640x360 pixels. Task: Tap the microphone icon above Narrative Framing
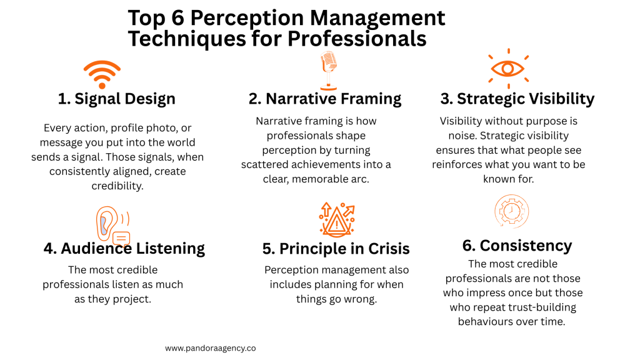coord(329,70)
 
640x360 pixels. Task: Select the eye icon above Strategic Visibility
coord(507,68)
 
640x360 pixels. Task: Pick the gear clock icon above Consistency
coord(511,211)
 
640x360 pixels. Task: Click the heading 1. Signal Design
coord(116,99)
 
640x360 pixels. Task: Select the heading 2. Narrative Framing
coord(324,99)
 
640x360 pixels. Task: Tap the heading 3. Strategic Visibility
coord(517,99)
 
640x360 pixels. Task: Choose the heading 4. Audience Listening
coord(124,248)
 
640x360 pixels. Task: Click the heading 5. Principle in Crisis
coord(336,249)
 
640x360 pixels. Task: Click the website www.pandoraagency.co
coord(211,348)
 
